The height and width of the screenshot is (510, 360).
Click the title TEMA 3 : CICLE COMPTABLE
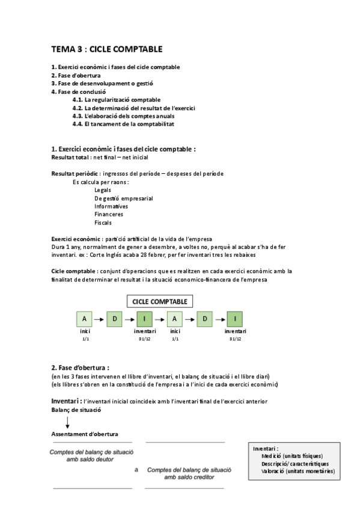[x=106, y=49]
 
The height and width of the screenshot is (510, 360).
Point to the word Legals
[x=102, y=189]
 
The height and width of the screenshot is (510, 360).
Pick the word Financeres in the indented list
[x=109, y=214]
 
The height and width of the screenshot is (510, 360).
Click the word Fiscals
[x=103, y=222]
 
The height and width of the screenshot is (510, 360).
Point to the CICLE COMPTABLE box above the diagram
[x=159, y=301]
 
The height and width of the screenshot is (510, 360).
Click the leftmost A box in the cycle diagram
[x=84, y=319]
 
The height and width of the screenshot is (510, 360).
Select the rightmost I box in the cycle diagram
[x=235, y=319]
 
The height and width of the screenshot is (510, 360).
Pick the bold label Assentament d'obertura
[x=84, y=434]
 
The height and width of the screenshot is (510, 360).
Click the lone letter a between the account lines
[x=136, y=470]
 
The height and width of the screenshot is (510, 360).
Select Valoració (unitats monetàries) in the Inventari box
[x=298, y=472]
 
